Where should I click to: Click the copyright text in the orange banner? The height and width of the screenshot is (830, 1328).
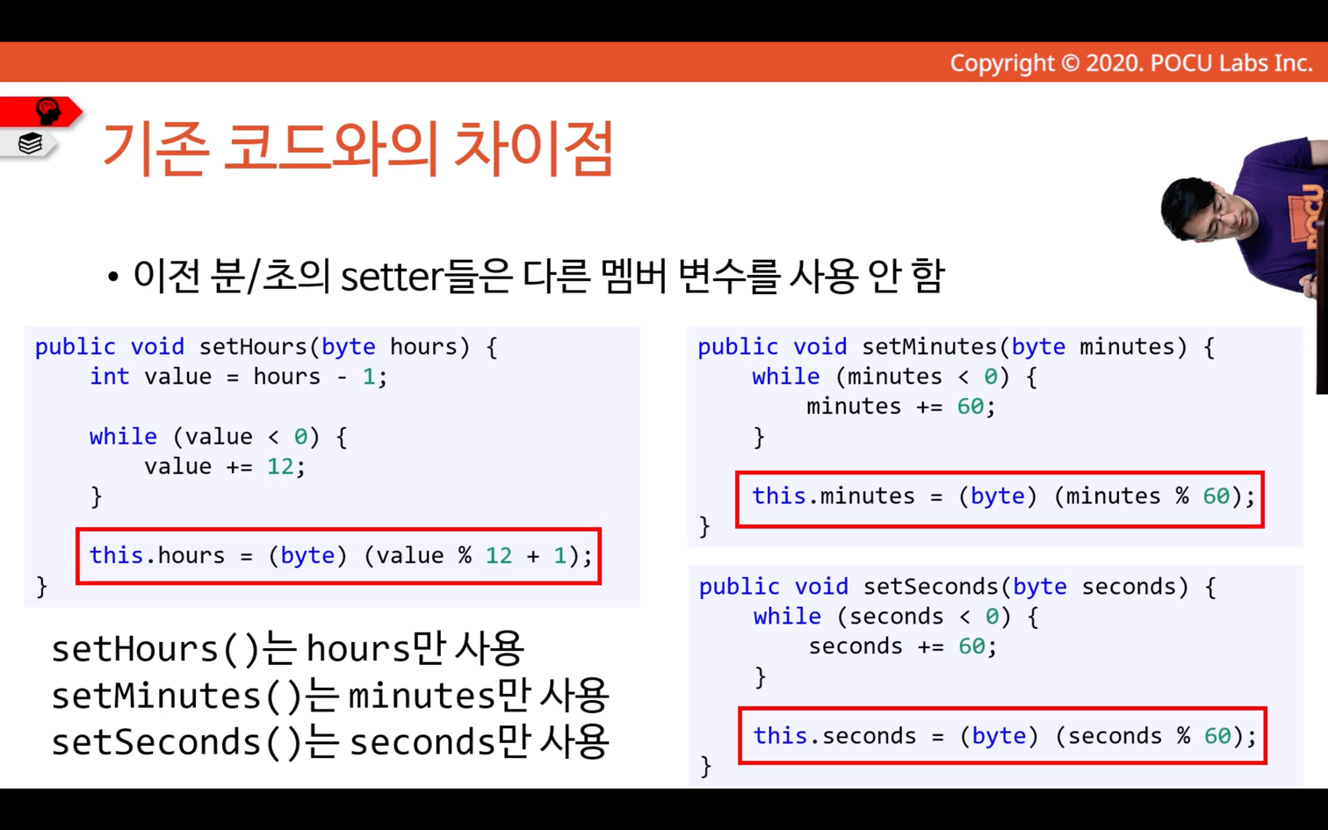click(x=1131, y=63)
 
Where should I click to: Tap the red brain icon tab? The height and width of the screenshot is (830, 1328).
click(x=41, y=112)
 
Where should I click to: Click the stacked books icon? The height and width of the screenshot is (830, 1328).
click(x=30, y=143)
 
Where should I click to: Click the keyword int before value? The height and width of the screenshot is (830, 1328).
click(x=109, y=377)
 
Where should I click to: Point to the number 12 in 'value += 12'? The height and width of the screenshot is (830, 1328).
click(x=280, y=466)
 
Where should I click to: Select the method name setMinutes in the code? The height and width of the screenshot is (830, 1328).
click(x=930, y=347)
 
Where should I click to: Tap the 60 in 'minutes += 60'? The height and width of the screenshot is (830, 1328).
click(x=971, y=407)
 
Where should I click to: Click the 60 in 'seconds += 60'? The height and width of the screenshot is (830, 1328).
click(x=972, y=646)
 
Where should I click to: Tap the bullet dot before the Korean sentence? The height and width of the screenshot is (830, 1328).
click(x=113, y=277)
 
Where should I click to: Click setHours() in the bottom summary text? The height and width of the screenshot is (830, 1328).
click(x=156, y=648)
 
